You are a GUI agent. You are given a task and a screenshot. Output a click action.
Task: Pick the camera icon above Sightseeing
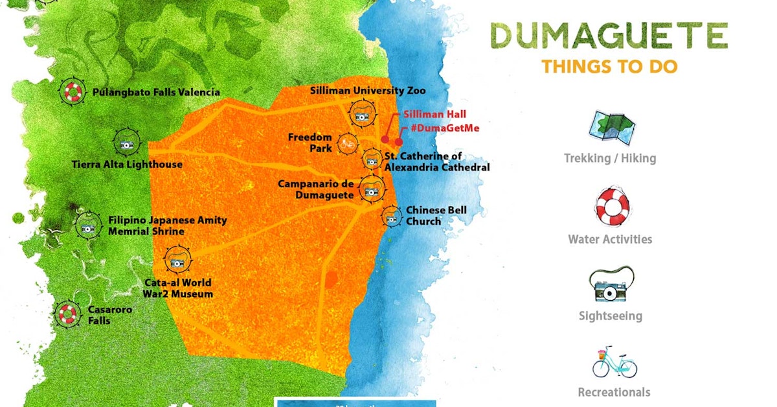click(611, 287)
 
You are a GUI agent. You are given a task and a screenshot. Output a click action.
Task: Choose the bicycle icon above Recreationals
click(614, 363)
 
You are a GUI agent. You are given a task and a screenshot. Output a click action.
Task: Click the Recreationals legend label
click(613, 392)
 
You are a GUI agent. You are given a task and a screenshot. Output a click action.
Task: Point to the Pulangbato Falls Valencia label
click(156, 92)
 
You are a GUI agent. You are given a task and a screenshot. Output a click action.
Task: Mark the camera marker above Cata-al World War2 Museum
click(176, 261)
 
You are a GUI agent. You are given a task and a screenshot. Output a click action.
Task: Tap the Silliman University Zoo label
click(368, 90)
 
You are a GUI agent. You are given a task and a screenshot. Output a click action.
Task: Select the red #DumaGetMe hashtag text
click(445, 128)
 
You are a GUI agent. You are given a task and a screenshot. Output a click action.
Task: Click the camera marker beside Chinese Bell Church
click(390, 217)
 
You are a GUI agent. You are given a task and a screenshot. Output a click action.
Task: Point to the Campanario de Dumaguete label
click(316, 189)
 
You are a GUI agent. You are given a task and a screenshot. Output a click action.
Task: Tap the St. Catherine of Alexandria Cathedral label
click(437, 162)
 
